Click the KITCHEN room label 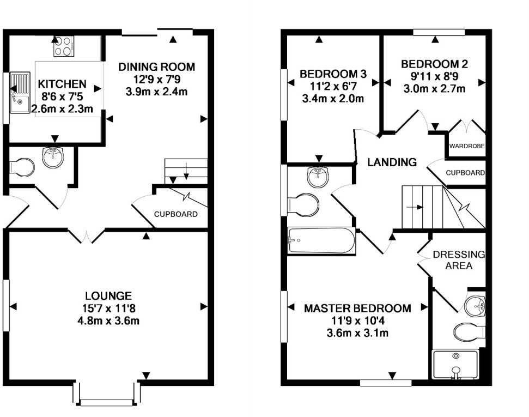[62, 84]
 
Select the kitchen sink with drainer [22, 92]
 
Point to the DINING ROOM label [156, 67]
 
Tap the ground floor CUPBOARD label [175, 214]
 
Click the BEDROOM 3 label [333, 74]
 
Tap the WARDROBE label [467, 147]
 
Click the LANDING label [392, 162]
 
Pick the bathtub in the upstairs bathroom [321, 241]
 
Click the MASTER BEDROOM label [357, 309]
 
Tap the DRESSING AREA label [458, 260]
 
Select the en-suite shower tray [455, 364]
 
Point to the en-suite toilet [468, 331]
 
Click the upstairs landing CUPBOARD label [465, 173]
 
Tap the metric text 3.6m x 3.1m [357, 333]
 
